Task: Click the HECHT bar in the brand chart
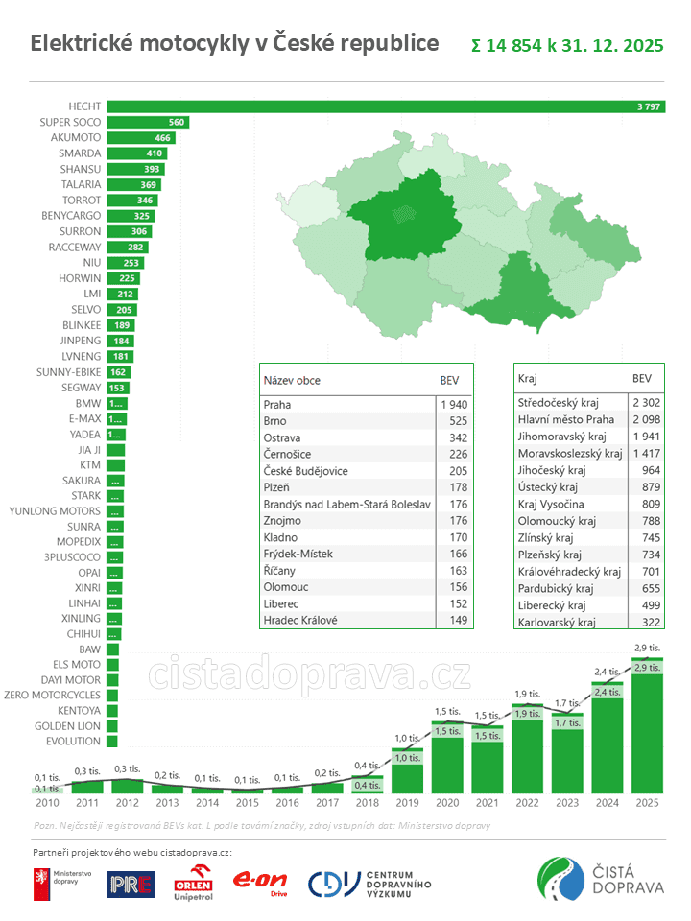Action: (384, 106)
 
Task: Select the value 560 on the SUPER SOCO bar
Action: (176, 122)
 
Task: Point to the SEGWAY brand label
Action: (81, 388)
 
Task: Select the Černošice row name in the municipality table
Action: (286, 455)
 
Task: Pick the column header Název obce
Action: (292, 380)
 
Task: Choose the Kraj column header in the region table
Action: (527, 379)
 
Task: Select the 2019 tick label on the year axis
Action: (407, 802)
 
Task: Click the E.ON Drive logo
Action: (261, 884)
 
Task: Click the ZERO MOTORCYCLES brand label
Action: (52, 694)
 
